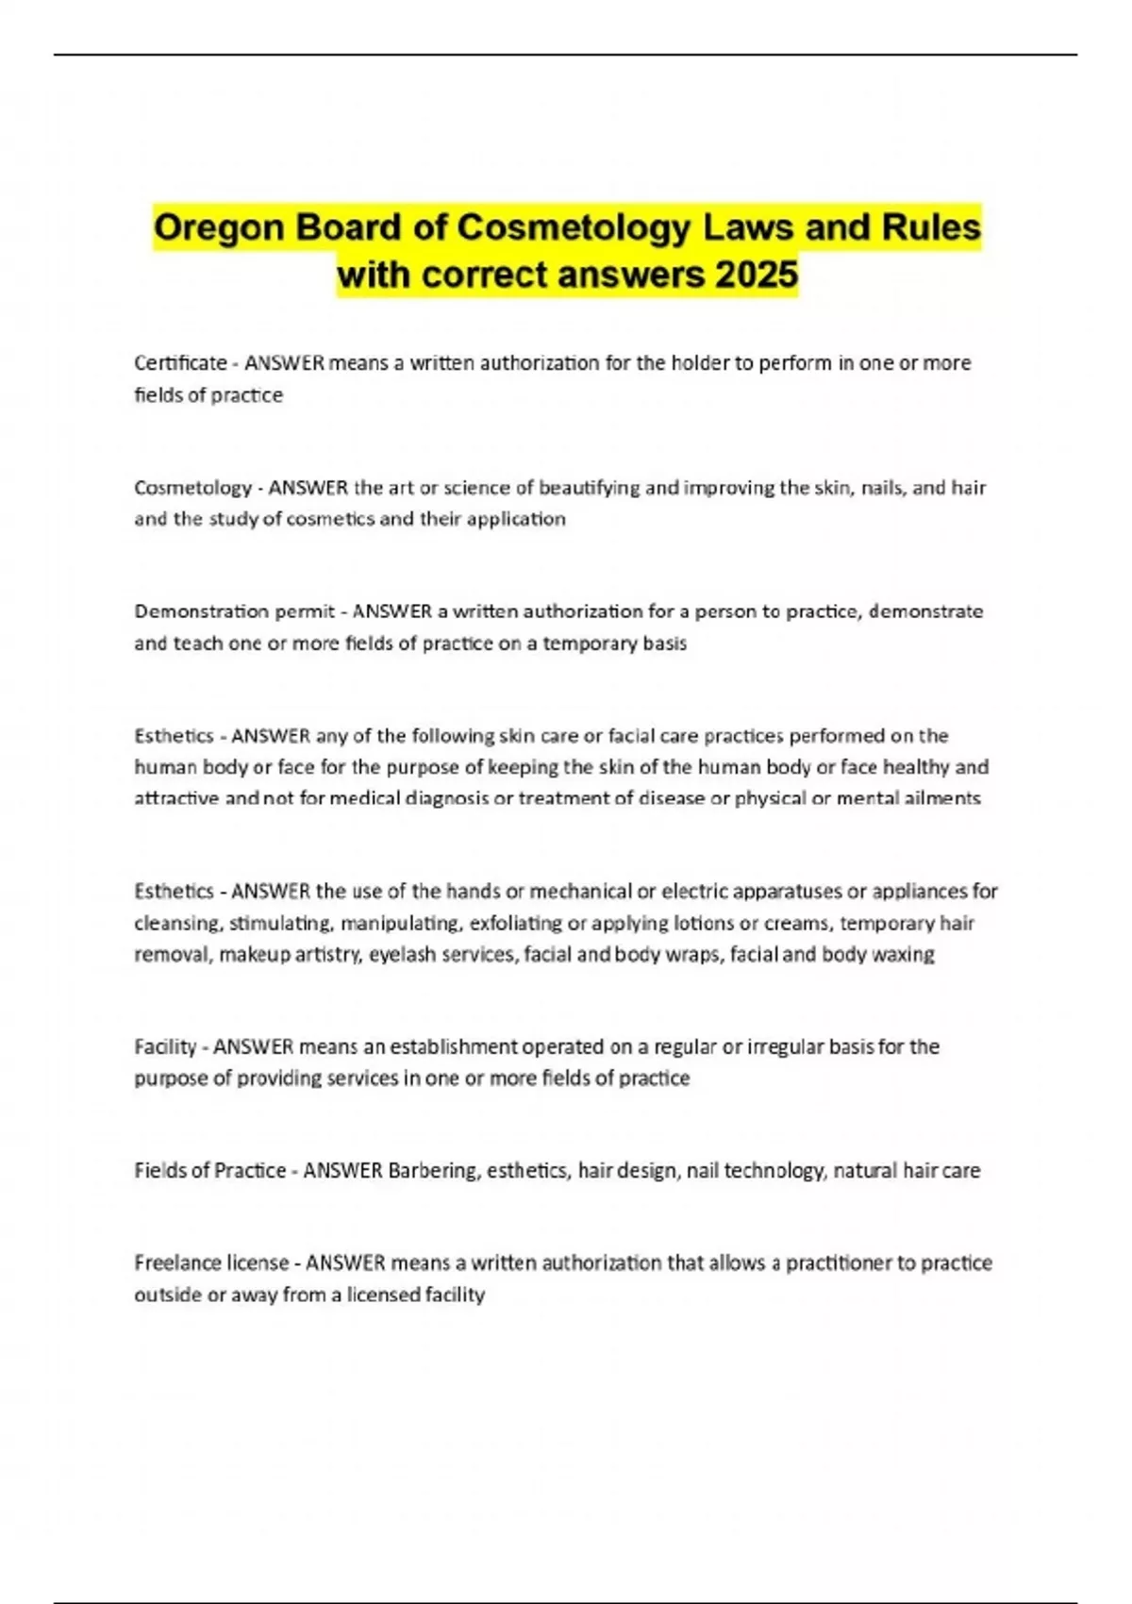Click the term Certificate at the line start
180,363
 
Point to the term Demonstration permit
234,611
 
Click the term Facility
165,1046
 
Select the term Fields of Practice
209,1171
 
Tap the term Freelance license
211,1262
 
